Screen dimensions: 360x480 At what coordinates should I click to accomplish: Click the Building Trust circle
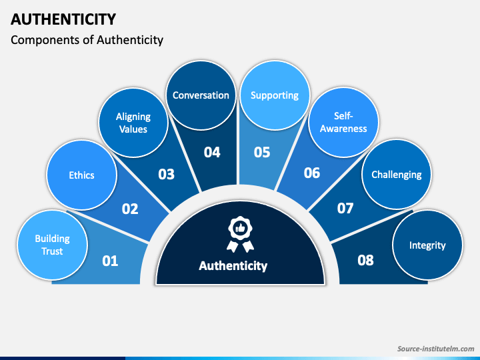53,245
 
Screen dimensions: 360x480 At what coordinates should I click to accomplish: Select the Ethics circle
81,175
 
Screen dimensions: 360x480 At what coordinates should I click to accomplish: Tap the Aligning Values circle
133,123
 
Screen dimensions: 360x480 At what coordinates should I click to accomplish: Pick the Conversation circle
201,95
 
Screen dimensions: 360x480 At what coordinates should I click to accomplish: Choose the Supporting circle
274,95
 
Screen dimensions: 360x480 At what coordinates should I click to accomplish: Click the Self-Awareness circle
343,123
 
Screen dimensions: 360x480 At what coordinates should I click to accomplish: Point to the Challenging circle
396,175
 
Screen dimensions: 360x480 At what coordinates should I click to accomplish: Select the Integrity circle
427,245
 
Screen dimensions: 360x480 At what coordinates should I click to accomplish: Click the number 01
110,261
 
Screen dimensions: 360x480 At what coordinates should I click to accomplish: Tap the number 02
130,209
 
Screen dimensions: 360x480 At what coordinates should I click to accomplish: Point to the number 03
166,175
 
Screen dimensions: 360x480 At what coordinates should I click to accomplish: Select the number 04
212,153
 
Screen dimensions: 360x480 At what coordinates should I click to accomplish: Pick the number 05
262,153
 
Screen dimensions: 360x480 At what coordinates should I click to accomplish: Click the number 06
312,173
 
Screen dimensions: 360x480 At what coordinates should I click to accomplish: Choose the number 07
345,208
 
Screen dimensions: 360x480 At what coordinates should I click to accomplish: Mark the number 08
365,260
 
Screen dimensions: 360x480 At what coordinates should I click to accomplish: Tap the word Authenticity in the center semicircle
233,265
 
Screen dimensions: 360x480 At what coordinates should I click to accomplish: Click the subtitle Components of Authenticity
87,40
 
